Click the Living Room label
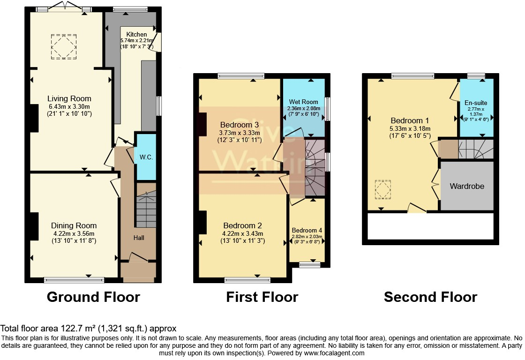click(69, 98)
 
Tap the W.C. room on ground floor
click(144, 157)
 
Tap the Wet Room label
click(303, 102)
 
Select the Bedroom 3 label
click(240, 125)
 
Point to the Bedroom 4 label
click(307, 230)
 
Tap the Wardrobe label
click(467, 186)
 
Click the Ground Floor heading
click(93, 297)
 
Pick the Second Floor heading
click(430, 297)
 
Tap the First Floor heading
click(262, 297)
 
